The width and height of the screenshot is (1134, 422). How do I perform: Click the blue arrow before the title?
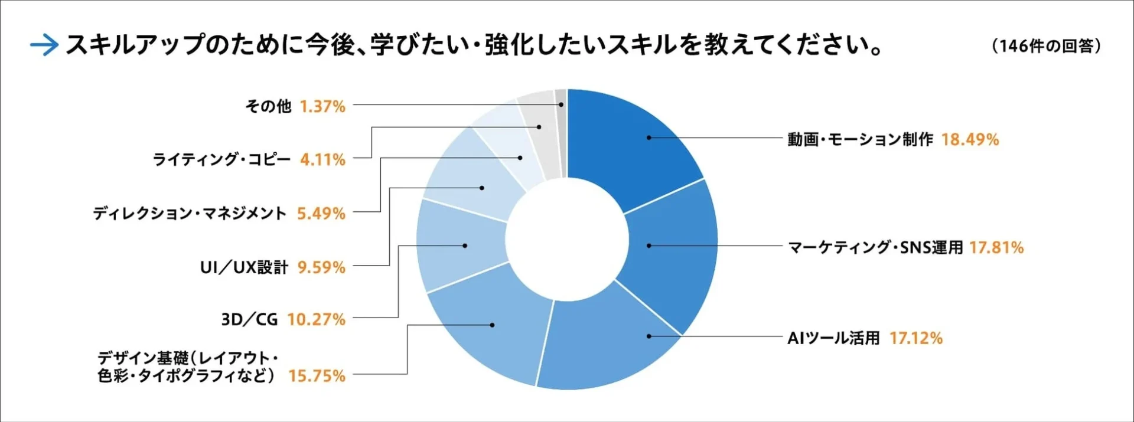click(x=44, y=45)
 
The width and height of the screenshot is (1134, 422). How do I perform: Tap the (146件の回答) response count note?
click(x=1047, y=45)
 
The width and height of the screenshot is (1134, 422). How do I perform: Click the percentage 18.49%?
click(x=970, y=140)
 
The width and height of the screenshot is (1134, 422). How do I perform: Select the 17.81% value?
click(x=996, y=247)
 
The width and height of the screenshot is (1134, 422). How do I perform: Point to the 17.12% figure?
click(x=915, y=338)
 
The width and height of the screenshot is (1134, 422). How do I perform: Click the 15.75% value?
click(x=317, y=376)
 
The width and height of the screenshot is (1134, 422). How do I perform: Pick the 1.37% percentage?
click(x=322, y=106)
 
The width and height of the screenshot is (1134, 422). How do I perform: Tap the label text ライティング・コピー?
click(x=221, y=159)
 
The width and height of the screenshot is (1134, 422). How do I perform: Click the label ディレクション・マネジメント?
click(x=190, y=213)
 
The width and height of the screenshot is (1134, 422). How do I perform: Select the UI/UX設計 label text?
click(x=244, y=267)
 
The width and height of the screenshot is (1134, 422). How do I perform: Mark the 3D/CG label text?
click(x=249, y=319)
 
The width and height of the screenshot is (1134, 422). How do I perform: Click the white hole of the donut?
click(x=567, y=239)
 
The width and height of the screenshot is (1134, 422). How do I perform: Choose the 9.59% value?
click(x=321, y=267)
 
